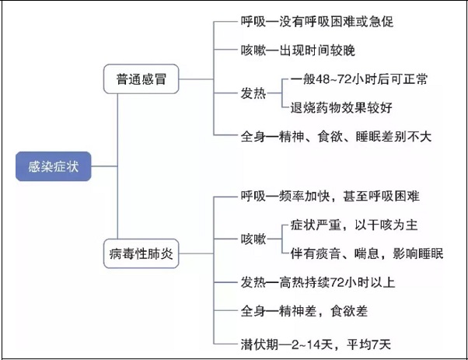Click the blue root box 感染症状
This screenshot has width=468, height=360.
54,166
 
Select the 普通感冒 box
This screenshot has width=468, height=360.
141,79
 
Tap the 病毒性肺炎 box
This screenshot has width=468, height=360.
141,253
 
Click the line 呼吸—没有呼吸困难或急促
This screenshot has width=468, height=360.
317,22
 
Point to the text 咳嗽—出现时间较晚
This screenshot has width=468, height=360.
298,50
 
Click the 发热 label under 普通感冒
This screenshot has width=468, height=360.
253,93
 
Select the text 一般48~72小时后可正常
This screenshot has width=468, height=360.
359,79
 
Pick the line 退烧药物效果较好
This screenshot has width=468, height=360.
341,108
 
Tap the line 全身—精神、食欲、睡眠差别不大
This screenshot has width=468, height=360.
336,137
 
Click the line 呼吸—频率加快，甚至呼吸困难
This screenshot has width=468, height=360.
330,196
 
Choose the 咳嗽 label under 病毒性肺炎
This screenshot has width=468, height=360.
253,239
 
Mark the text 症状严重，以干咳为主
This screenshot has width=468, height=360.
354,225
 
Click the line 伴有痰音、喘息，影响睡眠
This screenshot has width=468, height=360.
367,253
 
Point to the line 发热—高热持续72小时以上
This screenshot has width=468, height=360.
318,282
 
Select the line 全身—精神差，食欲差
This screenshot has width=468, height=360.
304,311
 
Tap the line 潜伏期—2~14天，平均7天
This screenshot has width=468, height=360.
316,344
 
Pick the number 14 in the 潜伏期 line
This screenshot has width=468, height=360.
313,344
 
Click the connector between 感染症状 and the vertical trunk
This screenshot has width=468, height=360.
104,166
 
